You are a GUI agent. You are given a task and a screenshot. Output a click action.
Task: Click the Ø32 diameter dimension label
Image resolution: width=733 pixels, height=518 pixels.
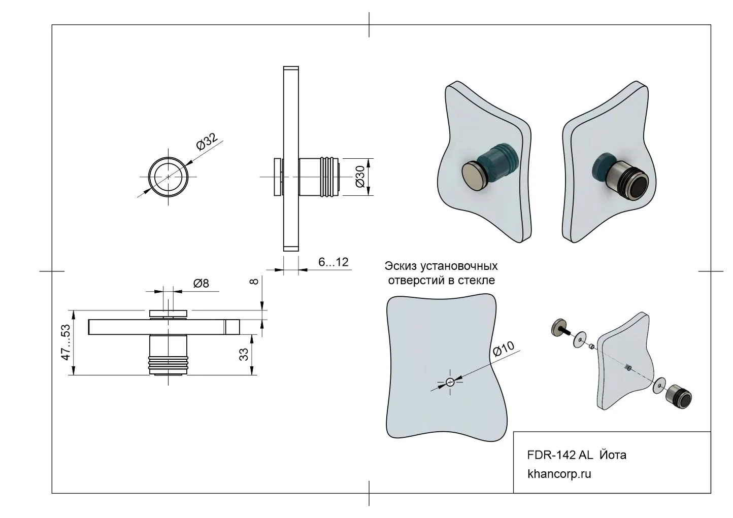207,142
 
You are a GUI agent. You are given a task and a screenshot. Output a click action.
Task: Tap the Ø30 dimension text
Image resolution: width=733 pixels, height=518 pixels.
360,177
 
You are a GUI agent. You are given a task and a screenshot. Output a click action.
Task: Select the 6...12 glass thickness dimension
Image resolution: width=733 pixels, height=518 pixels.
333,262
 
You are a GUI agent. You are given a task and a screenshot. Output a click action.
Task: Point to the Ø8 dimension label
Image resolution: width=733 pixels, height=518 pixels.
201,284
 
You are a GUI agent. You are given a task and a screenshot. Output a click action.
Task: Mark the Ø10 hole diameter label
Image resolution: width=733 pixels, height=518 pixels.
504,350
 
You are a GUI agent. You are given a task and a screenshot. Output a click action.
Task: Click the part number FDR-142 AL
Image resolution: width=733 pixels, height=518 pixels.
559,455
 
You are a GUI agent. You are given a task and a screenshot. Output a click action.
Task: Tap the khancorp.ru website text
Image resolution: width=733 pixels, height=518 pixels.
559,474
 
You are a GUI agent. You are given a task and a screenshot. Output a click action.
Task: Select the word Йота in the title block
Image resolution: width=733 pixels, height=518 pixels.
613,455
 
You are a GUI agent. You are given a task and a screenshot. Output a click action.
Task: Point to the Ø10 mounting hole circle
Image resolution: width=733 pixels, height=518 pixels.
450,383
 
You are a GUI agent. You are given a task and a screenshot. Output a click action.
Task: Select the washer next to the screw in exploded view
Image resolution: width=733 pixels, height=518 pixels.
579,339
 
